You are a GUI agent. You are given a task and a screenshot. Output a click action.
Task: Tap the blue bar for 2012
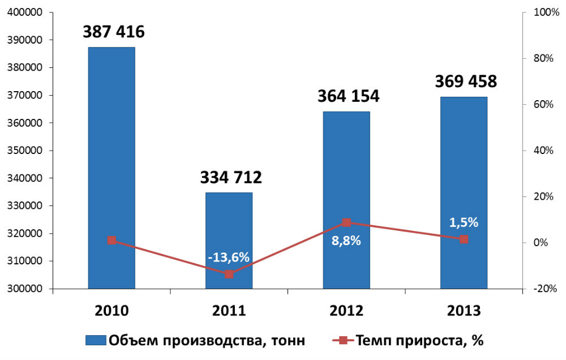[346, 170]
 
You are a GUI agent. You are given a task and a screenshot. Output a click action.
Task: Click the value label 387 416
[113, 32]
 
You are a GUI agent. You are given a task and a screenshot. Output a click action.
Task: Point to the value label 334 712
[231, 178]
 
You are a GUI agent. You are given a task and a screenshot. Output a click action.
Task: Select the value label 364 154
[348, 96]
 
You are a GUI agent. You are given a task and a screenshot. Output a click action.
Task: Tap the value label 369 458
[466, 82]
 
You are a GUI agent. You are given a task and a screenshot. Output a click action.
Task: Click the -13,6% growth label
[229, 257]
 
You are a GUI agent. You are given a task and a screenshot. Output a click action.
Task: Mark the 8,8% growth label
[346, 240]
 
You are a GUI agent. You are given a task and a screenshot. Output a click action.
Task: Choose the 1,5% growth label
[464, 222]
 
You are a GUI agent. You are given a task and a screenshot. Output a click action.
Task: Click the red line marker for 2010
[112, 240]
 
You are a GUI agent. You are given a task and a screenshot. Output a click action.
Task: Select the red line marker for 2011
[229, 274]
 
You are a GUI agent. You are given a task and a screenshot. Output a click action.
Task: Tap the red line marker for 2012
[346, 222]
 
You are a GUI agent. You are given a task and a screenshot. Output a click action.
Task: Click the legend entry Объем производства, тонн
[195, 341]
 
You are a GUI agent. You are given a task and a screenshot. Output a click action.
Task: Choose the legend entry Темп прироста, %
[408, 341]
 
